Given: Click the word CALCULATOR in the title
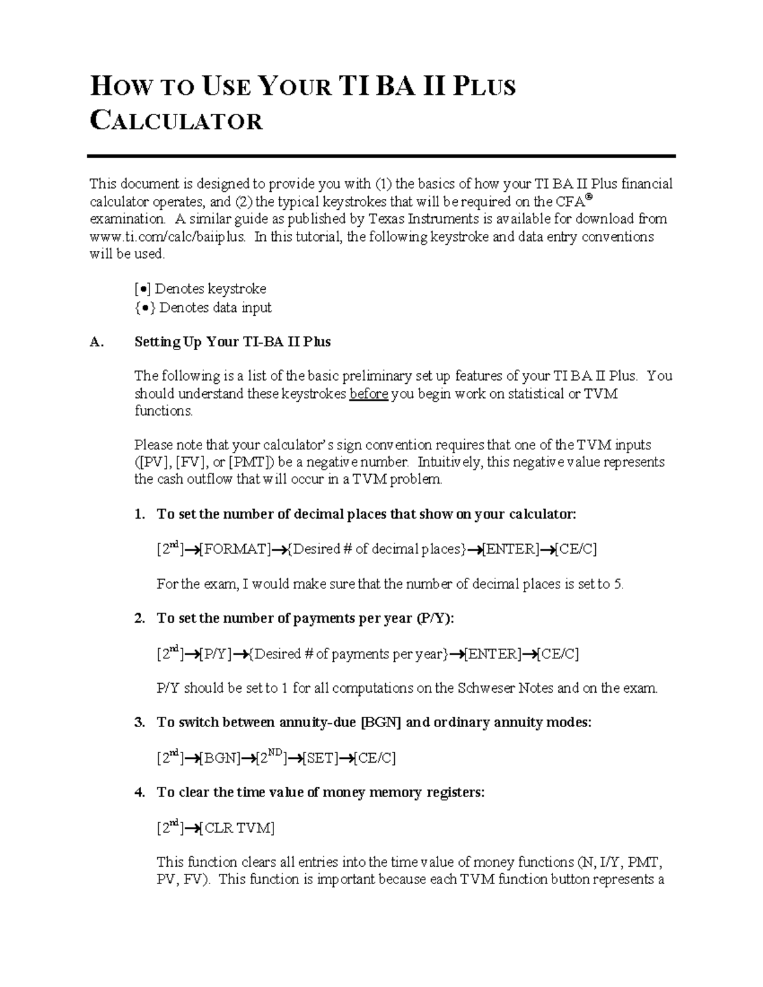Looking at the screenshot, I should tap(176, 121).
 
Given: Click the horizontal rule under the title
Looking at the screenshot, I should tap(381, 156).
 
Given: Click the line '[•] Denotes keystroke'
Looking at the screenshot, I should tap(200, 289).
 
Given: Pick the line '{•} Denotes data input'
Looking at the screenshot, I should tap(203, 308).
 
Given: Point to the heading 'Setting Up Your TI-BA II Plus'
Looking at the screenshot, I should tap(232, 342).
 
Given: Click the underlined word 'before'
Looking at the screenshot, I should tap(369, 394).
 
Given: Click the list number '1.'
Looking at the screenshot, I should tap(140, 514).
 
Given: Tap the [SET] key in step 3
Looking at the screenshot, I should tap(320, 758).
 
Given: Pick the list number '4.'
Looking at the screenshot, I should tap(140, 793).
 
